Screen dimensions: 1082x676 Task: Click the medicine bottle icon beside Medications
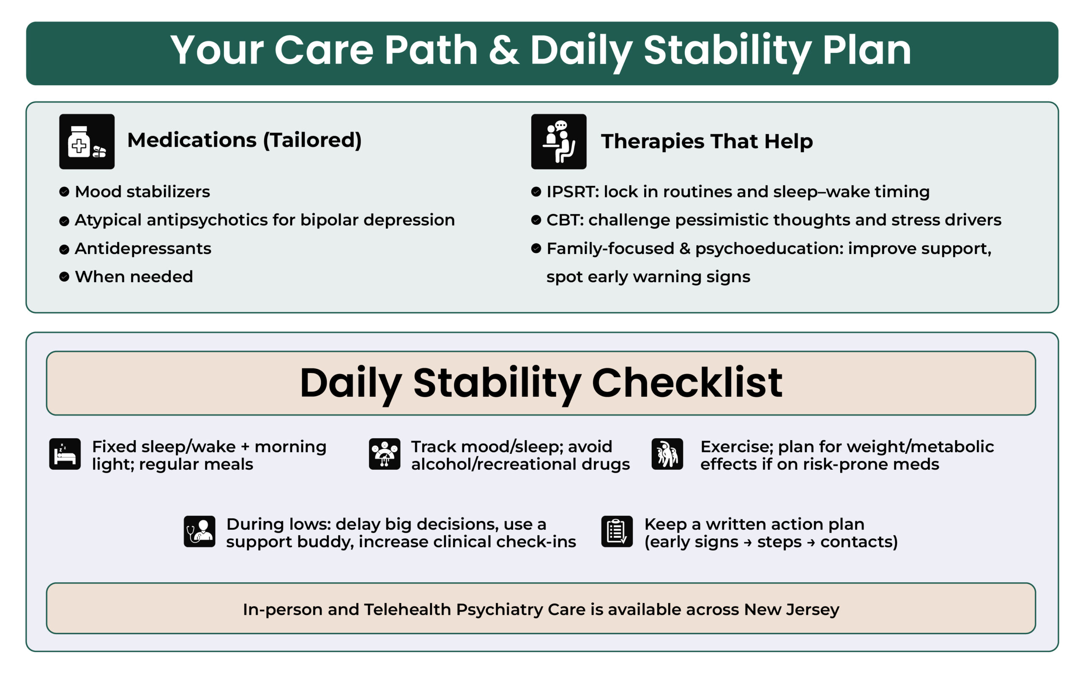coord(87,142)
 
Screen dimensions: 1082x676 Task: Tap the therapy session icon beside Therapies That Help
coord(558,142)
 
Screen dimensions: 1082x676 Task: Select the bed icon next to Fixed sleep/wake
coord(65,454)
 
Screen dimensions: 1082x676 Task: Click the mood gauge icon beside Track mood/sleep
coord(385,454)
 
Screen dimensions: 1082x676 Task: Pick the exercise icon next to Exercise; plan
coord(667,454)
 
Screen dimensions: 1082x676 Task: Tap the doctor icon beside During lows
coord(199,532)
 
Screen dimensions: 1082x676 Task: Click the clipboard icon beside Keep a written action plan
coord(617,532)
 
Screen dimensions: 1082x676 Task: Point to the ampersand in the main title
coord(504,50)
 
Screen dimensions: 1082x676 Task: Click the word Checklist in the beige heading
coord(687,383)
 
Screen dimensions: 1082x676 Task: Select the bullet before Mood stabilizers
coord(64,192)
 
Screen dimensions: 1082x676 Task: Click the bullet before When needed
coord(64,277)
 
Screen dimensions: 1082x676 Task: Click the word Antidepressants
coord(143,248)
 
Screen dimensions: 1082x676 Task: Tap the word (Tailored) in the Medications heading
coord(312,140)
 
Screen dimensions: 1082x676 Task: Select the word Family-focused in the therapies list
coord(610,248)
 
